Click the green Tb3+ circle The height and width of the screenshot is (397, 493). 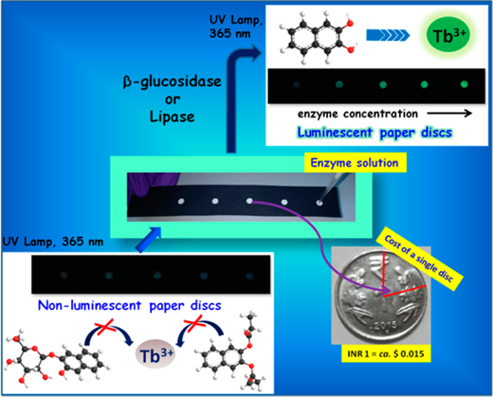448,35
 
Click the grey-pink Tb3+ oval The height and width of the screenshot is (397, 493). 155,354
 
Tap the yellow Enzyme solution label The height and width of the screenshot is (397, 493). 356,163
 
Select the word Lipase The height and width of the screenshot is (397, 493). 172,117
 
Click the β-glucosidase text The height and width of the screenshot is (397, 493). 172,82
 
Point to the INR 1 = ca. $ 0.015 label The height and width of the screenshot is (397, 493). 386,353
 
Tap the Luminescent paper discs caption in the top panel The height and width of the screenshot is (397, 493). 374,133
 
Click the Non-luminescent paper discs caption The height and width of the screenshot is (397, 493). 130,306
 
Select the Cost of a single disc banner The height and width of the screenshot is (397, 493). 420,259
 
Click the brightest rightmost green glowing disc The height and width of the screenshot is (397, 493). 464,84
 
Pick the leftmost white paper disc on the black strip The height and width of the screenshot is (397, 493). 181,201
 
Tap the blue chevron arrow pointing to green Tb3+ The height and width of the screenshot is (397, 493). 388,35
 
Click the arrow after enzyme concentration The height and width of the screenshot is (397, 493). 449,114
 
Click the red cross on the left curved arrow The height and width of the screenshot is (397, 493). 106,326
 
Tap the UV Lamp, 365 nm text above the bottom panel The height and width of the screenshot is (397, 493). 53,242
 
